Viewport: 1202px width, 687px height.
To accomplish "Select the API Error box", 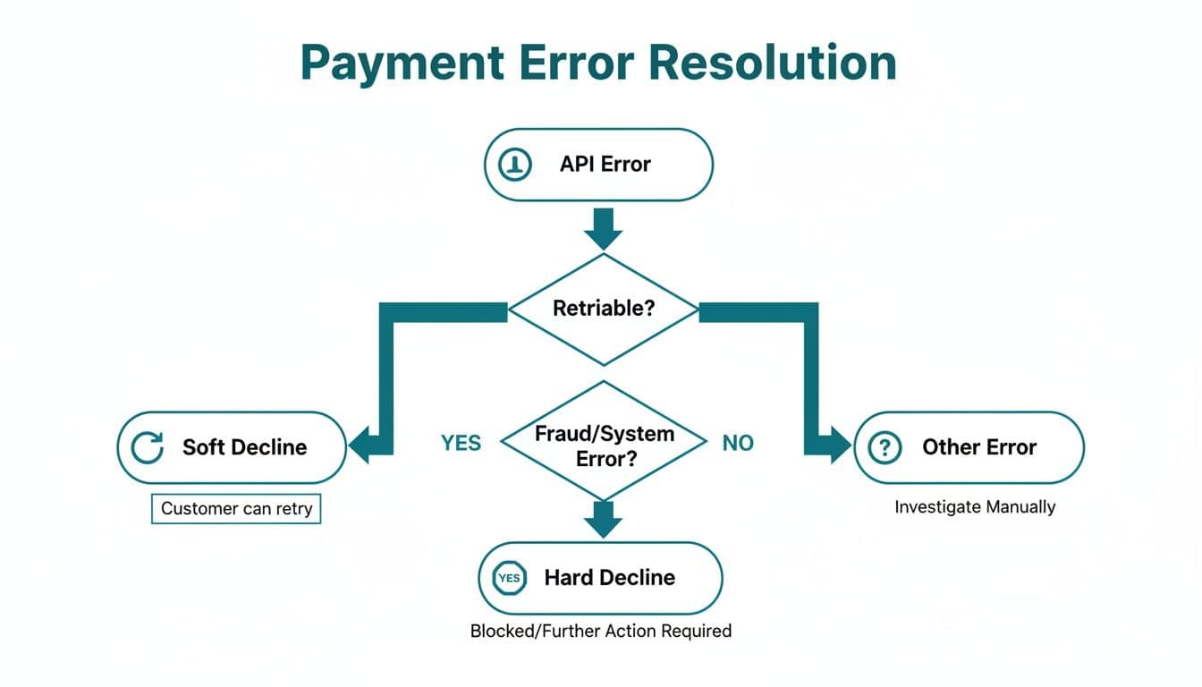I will [x=598, y=165].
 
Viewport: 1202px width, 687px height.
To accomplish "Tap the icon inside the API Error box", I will [x=515, y=165].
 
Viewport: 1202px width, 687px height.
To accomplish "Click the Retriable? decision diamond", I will [x=604, y=310].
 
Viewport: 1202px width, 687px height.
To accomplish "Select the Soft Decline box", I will [x=232, y=447].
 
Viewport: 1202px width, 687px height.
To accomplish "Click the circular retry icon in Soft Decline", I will [x=148, y=447].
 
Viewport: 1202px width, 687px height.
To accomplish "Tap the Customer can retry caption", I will [x=236, y=509].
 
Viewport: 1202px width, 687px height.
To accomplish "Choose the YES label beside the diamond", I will [x=461, y=443].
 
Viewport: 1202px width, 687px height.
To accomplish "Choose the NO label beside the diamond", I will [x=738, y=443].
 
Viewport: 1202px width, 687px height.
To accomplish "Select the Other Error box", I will [x=969, y=447].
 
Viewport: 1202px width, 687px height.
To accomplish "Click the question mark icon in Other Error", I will [x=885, y=447].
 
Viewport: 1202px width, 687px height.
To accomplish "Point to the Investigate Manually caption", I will [x=975, y=507].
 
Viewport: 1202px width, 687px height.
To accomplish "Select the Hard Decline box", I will [x=600, y=578].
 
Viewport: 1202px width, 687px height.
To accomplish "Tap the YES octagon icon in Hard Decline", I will [x=509, y=578].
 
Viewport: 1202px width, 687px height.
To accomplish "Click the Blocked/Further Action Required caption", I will [x=601, y=631].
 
